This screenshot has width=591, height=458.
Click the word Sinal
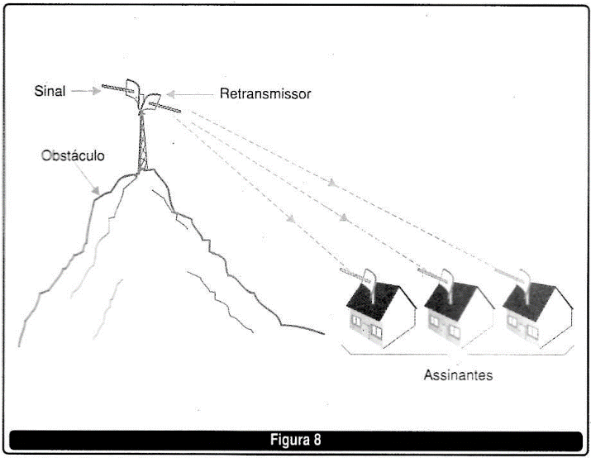(50, 91)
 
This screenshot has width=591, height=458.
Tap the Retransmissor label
(265, 93)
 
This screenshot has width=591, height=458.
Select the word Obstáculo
(73, 155)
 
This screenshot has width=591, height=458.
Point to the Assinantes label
(458, 375)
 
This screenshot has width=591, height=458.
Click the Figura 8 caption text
(296, 440)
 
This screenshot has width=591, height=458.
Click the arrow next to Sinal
(86, 91)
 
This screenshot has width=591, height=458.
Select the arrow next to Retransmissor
(189, 94)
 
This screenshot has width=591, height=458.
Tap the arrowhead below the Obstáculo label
(97, 190)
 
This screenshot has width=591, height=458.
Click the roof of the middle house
(450, 300)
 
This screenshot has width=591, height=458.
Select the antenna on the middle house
(439, 279)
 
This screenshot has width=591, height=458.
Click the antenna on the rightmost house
(516, 279)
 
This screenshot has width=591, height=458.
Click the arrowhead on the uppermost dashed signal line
(331, 183)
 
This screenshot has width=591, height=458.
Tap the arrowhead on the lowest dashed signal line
(290, 218)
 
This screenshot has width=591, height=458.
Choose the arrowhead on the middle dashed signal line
(344, 217)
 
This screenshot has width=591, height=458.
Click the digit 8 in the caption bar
(317, 440)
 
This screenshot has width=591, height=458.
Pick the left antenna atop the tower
(122, 90)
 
